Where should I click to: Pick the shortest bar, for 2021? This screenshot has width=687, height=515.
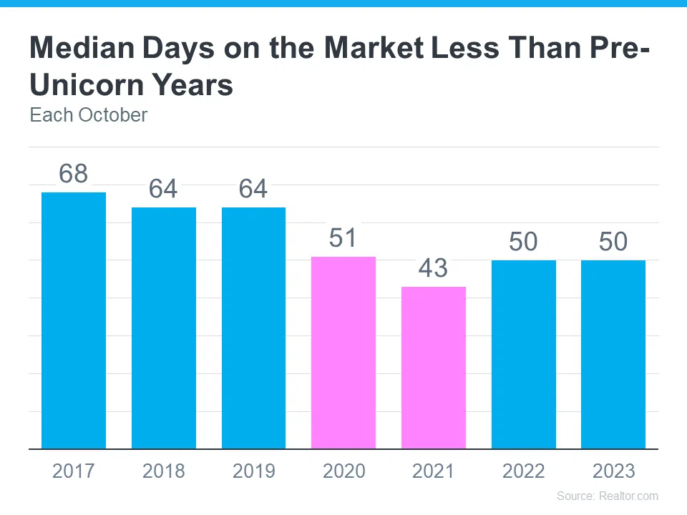[x=434, y=368]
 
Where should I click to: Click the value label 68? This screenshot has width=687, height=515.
[x=73, y=174]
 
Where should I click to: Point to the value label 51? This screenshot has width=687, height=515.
[x=343, y=237]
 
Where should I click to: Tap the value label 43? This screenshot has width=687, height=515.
[x=433, y=268]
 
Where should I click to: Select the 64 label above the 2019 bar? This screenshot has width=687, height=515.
[x=253, y=189]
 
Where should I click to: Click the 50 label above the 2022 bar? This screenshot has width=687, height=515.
[x=523, y=242]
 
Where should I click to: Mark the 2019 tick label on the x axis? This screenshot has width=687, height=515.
[x=253, y=471]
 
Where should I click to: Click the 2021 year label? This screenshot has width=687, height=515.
[x=433, y=471]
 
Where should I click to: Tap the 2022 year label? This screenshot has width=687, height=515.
[x=523, y=471]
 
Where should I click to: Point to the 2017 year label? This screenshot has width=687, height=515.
[x=73, y=471]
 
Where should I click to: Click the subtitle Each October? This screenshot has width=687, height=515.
[x=88, y=115]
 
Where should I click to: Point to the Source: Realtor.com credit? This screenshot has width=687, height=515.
[x=608, y=496]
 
